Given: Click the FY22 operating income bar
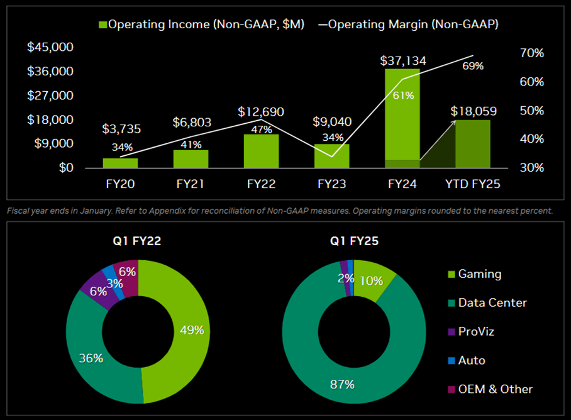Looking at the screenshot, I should (x=261, y=152).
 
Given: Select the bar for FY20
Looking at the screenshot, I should (x=120, y=163).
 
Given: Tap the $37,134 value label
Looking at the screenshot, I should (x=403, y=61).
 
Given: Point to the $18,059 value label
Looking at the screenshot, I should (x=474, y=111).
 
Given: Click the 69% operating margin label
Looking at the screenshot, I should (x=473, y=65).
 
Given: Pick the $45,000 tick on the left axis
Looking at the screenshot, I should (x=50, y=47).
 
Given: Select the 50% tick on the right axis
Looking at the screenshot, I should (x=531, y=111).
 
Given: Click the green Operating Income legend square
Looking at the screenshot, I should (x=103, y=25).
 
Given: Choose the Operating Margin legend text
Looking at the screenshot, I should (x=413, y=25).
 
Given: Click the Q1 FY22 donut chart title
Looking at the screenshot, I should (x=138, y=240).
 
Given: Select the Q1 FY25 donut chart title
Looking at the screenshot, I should (x=354, y=240).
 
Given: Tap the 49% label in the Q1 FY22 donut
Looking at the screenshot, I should (x=191, y=329).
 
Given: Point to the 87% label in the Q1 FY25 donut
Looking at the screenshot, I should (x=343, y=384).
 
